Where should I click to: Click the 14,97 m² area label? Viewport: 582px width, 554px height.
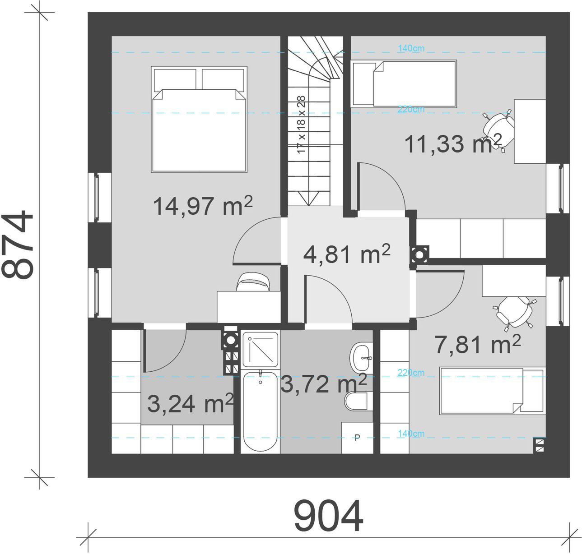[203, 206]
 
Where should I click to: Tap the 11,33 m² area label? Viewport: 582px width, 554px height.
[453, 143]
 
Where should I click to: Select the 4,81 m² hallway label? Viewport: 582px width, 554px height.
[347, 254]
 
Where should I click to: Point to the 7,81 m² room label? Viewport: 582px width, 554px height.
[478, 344]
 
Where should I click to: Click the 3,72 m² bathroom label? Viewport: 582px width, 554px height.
[324, 383]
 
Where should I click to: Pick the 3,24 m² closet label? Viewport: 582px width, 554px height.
[191, 403]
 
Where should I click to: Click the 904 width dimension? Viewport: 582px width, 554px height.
[328, 516]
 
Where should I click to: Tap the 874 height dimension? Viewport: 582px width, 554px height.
[17, 245]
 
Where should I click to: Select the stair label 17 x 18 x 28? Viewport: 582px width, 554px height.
[301, 124]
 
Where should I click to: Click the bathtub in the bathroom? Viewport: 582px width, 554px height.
[260, 411]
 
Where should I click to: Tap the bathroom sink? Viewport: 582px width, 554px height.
[361, 358]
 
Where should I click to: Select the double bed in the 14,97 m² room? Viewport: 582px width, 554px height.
[199, 119]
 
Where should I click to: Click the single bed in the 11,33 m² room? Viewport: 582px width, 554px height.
[404, 83]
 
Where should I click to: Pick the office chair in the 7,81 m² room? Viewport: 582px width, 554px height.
[515, 313]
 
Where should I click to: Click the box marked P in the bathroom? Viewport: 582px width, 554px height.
[357, 438]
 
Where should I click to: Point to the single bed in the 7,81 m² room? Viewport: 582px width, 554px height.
[493, 390]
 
